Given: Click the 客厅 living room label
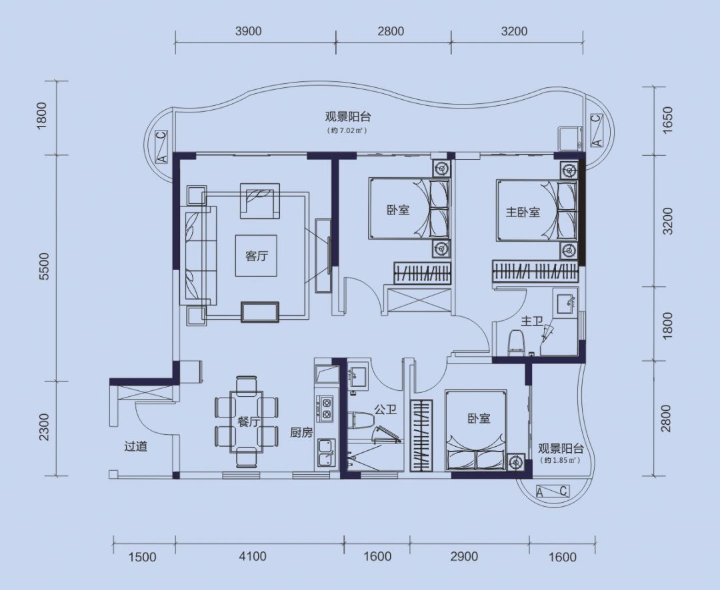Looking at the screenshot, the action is click(x=256, y=256).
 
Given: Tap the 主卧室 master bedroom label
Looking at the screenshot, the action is click(x=523, y=212).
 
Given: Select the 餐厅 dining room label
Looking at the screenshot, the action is click(x=249, y=422).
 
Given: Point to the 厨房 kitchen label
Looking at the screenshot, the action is click(x=301, y=432).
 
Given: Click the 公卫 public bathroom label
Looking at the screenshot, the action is click(x=385, y=410).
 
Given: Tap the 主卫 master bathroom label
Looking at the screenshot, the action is click(x=532, y=321).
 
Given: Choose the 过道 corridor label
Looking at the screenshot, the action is click(x=136, y=446).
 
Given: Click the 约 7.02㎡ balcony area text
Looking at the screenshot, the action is click(x=347, y=131).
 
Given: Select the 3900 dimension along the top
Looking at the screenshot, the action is click(x=248, y=31).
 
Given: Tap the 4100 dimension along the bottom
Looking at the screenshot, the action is click(x=253, y=557).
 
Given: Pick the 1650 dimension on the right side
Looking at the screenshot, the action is click(x=667, y=121).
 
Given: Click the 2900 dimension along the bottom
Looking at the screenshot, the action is click(x=464, y=557).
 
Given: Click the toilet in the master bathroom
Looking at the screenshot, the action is click(x=517, y=342).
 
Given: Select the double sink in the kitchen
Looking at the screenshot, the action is click(x=325, y=452).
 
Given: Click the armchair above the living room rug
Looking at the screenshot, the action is click(x=260, y=201).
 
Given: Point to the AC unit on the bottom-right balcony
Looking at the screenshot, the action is click(x=553, y=492).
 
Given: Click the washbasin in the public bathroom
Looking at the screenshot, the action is click(x=357, y=376).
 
